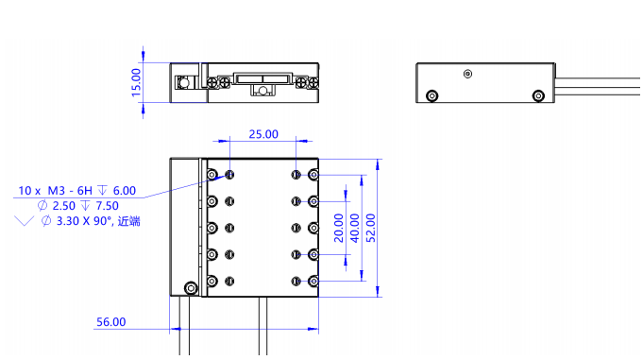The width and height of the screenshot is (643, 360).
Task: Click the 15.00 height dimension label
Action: click(x=136, y=82)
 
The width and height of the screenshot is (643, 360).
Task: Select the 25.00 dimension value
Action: click(x=263, y=134)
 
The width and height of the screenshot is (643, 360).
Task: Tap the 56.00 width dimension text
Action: click(x=110, y=322)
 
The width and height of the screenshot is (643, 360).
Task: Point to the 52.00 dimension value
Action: click(x=370, y=228)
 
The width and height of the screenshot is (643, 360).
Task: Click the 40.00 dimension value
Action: click(x=354, y=228)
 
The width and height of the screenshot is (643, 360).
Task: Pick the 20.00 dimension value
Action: click(x=338, y=228)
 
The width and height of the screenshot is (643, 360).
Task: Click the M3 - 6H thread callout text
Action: click(x=70, y=191)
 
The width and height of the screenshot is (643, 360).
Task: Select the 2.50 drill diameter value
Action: click(x=64, y=206)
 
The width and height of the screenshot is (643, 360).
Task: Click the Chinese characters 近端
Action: click(x=129, y=221)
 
